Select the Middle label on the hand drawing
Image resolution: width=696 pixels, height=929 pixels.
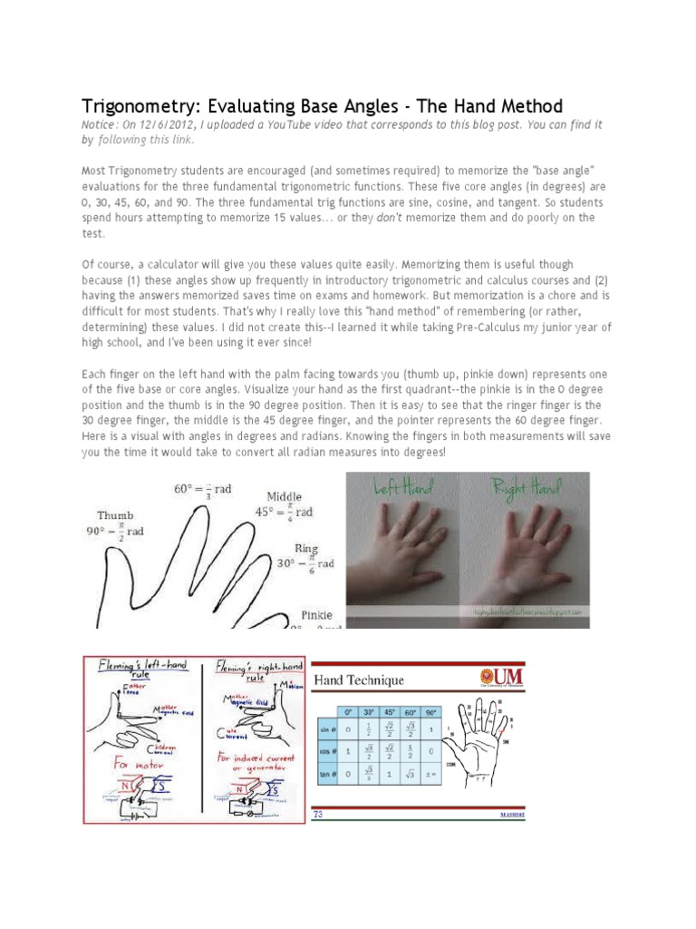(x=285, y=496)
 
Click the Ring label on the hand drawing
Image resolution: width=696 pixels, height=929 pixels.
(x=305, y=548)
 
